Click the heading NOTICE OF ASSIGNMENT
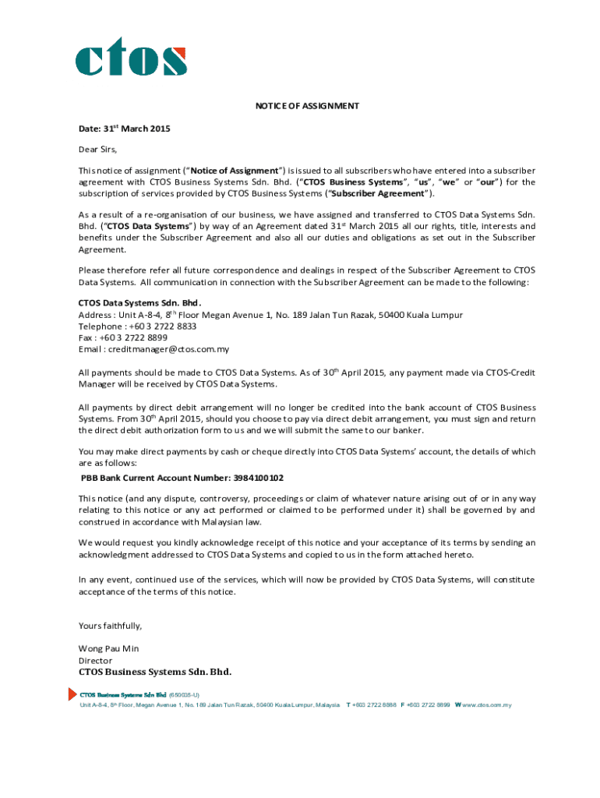[306, 106]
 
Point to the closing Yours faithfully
[110, 626]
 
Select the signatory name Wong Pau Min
[108, 648]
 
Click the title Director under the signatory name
[95, 660]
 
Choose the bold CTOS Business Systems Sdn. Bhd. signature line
[155, 672]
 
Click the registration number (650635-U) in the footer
[184, 694]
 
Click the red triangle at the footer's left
[73, 694]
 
